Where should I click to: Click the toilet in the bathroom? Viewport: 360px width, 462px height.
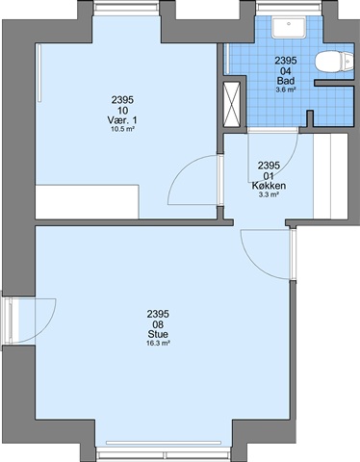click(x=334, y=62)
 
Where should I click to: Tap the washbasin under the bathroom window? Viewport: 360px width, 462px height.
click(x=289, y=28)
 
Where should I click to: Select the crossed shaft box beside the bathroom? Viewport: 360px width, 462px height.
click(x=232, y=105)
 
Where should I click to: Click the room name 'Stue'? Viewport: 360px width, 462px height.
click(x=158, y=334)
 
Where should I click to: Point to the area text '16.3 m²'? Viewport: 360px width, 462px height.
click(x=158, y=344)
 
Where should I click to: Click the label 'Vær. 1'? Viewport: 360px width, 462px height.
click(x=122, y=120)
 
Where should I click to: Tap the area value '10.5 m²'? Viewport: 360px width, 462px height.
click(x=122, y=129)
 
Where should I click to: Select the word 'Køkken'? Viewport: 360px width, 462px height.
click(x=269, y=186)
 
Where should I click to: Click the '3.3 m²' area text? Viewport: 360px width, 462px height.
click(x=269, y=194)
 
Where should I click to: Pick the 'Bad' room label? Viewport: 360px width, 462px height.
click(x=286, y=81)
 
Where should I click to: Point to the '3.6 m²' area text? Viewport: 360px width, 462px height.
click(x=286, y=90)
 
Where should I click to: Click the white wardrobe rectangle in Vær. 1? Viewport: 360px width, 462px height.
click(x=87, y=202)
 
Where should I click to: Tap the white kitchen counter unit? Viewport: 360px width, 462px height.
click(x=330, y=177)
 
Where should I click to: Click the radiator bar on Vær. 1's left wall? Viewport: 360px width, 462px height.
click(x=39, y=73)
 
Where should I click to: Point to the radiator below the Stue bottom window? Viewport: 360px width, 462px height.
click(x=164, y=443)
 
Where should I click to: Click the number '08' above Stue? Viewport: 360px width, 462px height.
click(x=158, y=323)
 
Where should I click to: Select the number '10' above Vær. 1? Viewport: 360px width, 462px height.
click(x=122, y=111)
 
